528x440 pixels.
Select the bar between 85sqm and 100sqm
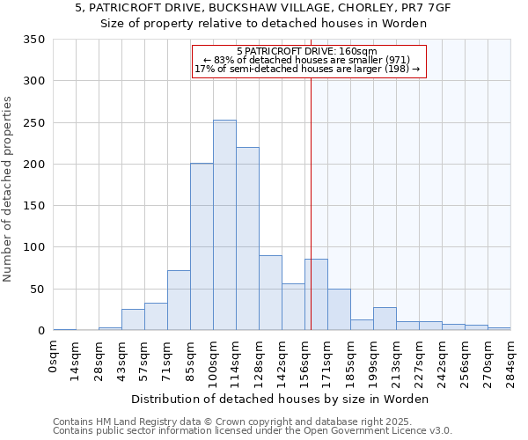(202, 247)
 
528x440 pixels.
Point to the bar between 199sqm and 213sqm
(385, 319)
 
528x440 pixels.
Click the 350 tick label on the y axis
(34, 40)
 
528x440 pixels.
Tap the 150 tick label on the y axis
(34, 206)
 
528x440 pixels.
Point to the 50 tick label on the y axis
(38, 290)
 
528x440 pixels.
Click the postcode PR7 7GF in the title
(409, 8)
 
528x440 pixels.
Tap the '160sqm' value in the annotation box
(358, 52)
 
